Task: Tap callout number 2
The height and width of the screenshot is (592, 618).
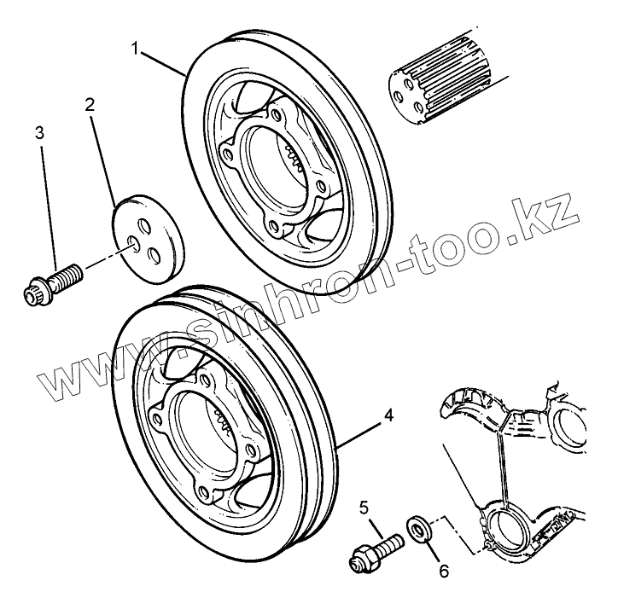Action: click(x=89, y=106)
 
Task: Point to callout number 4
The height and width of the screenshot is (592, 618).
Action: click(x=388, y=415)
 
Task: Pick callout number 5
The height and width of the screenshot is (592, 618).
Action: click(x=364, y=509)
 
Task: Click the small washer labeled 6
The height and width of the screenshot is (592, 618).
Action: click(x=419, y=527)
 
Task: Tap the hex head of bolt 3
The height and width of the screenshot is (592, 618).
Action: click(x=36, y=290)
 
